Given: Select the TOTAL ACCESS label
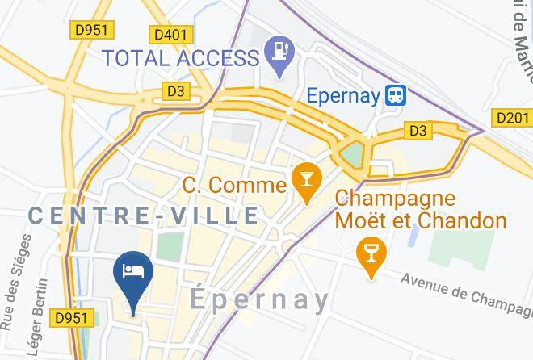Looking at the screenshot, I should [178, 57].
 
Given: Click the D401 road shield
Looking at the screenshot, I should [170, 34].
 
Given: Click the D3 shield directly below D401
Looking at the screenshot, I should [176, 91].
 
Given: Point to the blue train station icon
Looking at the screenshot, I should [396, 95].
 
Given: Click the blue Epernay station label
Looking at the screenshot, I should [343, 95].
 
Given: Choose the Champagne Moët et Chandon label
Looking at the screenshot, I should [420, 209].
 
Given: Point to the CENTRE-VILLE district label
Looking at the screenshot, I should [144, 216].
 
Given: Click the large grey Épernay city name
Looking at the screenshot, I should [260, 300].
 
